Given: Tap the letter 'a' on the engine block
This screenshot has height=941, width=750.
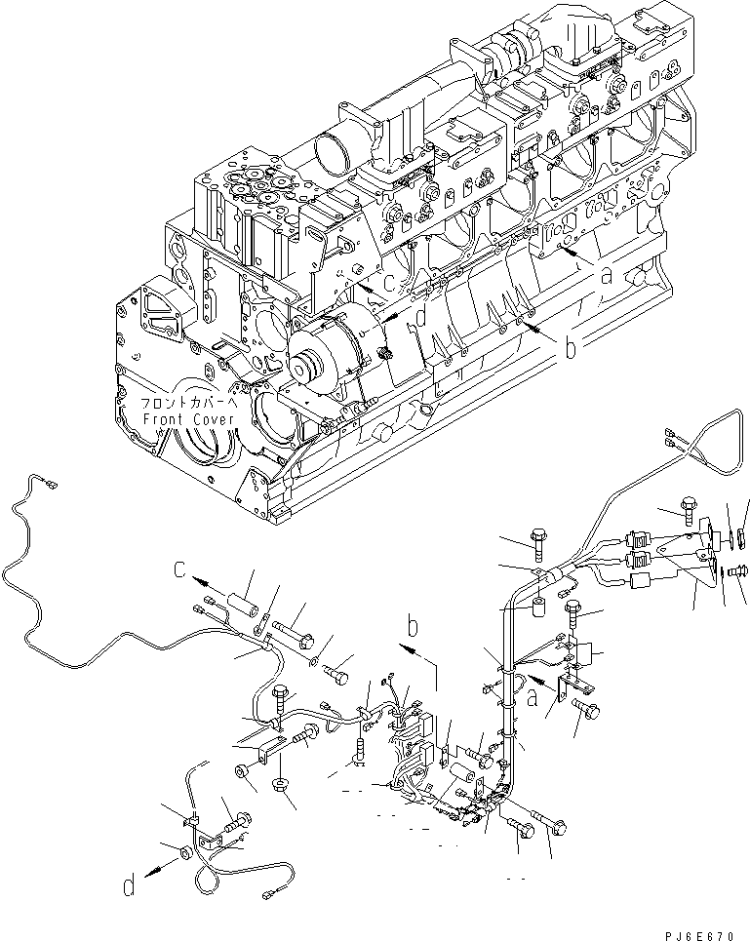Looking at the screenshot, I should (606, 276).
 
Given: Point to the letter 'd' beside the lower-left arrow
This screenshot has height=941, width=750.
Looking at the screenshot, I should (128, 887).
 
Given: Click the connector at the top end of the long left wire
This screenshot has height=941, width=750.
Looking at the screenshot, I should (45, 479).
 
